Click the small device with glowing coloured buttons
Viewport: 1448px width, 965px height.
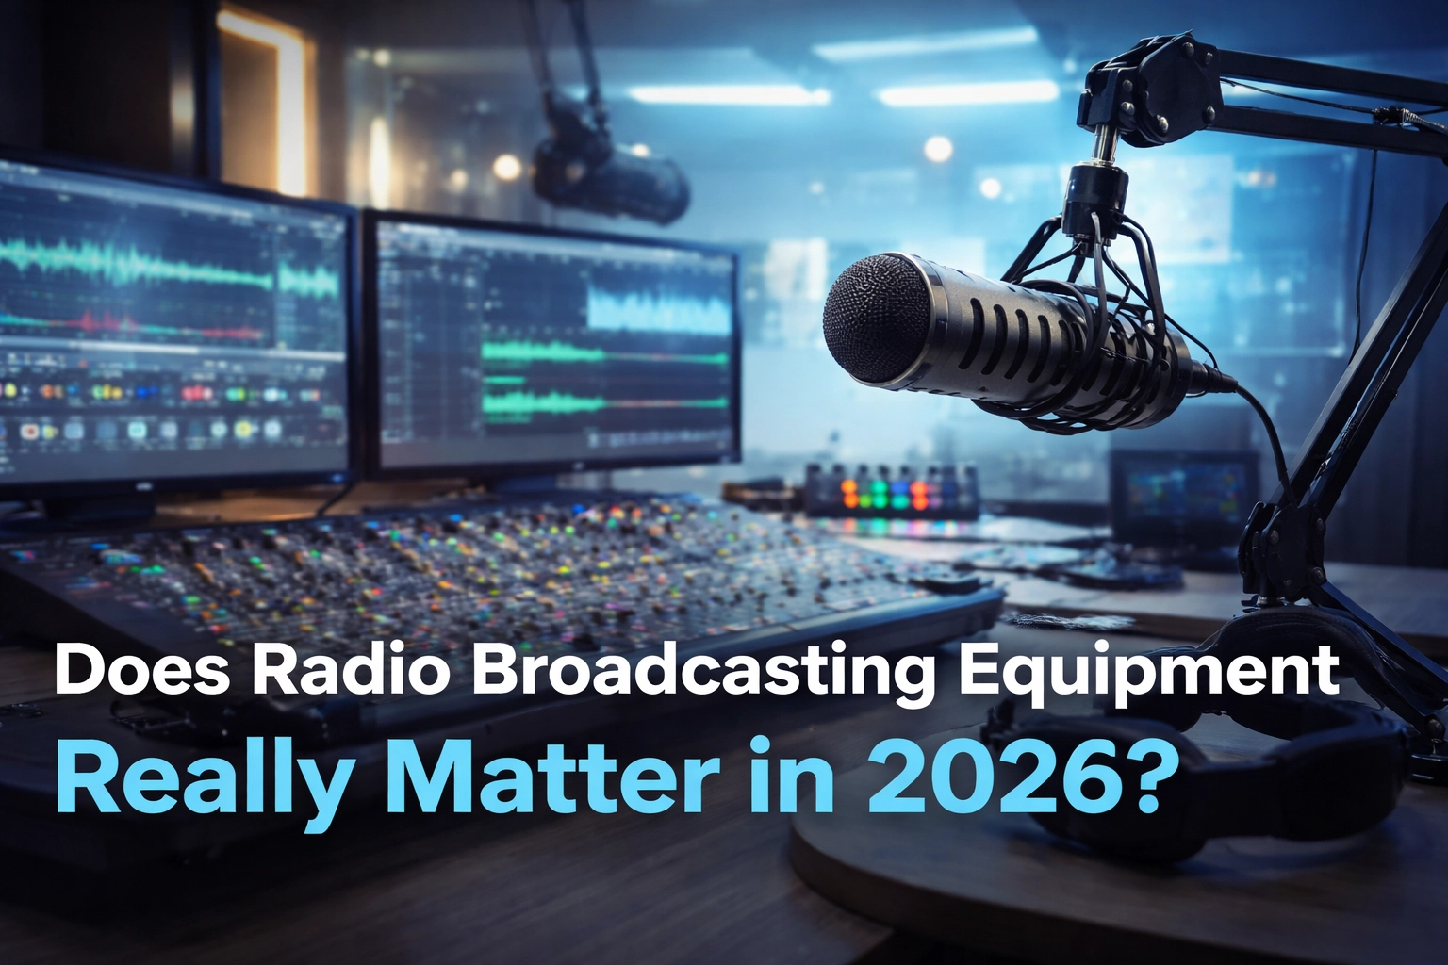(x=891, y=490)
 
